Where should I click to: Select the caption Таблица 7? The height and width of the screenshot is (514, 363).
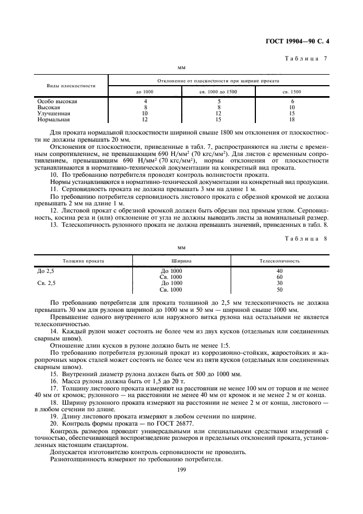click(308, 58)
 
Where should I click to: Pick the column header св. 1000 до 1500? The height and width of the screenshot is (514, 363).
click(219, 92)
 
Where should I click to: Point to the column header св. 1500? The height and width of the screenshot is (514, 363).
click(292, 92)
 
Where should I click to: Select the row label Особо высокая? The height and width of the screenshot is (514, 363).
click(57, 102)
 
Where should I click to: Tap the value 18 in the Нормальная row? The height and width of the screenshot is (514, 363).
click(292, 119)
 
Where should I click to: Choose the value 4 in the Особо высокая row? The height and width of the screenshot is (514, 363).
click(145, 102)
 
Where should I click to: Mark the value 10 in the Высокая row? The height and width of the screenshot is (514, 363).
click(292, 108)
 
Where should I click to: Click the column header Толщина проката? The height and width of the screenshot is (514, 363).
click(83, 261)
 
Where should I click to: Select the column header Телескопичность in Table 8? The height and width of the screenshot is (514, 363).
click(280, 261)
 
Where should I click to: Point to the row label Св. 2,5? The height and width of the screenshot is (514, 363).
click(46, 283)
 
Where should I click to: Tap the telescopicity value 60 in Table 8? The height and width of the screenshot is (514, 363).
click(280, 277)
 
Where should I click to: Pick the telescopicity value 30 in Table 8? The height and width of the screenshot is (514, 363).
click(280, 283)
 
